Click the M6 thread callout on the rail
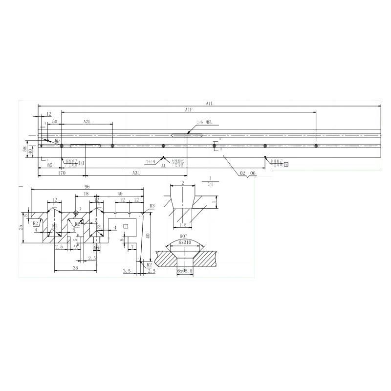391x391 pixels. (x=57, y=142)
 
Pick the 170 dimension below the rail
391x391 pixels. (x=62, y=173)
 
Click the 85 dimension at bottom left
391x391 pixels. (x=50, y=165)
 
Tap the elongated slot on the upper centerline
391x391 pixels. (x=188, y=135)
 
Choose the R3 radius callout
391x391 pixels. (x=152, y=206)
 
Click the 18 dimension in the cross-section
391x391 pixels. (x=86, y=194)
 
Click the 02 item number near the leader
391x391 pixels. (x=243, y=173)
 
